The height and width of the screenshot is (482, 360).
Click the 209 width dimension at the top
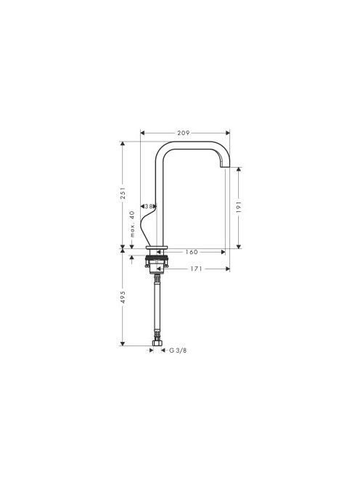(x=183, y=133)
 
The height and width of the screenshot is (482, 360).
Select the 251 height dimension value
(x=123, y=193)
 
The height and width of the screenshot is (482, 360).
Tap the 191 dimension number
(x=240, y=208)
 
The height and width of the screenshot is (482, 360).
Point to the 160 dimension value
(x=191, y=252)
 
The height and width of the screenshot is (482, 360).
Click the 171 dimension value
(x=196, y=269)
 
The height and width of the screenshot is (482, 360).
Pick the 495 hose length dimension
(x=123, y=297)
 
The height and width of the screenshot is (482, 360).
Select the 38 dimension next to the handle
(x=149, y=206)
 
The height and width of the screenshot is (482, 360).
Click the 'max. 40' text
(x=132, y=224)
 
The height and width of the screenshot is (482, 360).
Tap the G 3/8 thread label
(x=178, y=351)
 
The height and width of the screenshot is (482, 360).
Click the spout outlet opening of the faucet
(x=225, y=167)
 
